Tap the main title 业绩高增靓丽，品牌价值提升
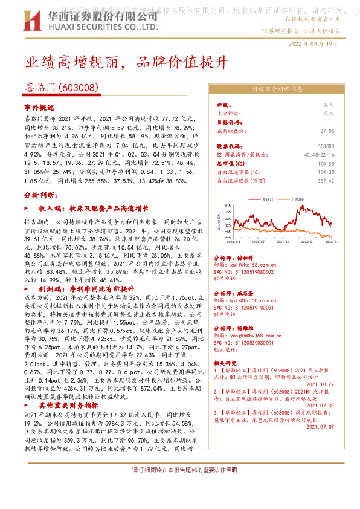point(127,62)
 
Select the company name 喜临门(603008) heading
point(62,88)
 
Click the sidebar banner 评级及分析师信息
point(277,89)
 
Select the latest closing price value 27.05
point(327,131)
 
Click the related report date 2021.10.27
point(320,383)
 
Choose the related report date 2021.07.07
point(320,427)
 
